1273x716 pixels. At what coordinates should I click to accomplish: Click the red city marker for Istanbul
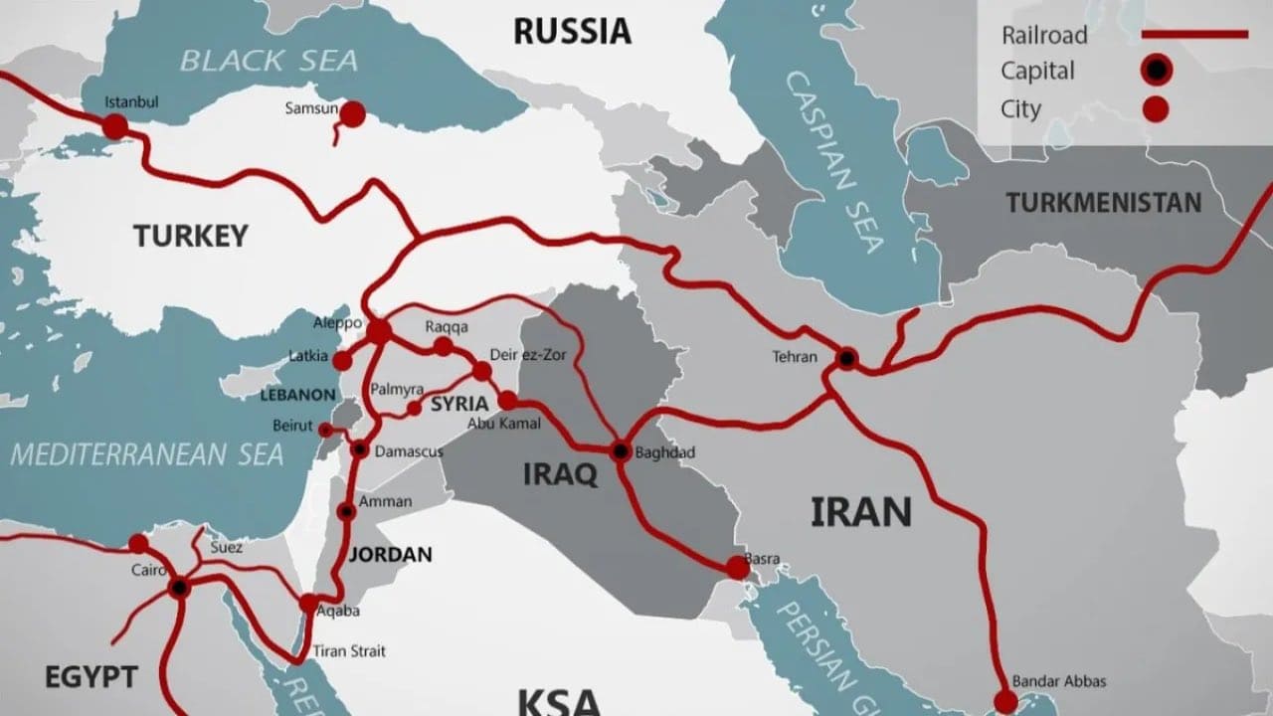115,126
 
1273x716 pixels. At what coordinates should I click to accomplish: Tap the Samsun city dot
352,115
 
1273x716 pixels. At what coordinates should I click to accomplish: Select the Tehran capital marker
846,358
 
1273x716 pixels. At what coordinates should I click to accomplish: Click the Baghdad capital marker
622,450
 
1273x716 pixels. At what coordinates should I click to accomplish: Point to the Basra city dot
737,567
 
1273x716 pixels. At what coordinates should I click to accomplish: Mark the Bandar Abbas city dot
1005,701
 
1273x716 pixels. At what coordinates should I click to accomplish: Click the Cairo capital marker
179,588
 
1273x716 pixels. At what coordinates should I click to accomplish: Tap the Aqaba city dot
309,603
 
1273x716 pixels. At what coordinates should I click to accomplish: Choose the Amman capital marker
346,511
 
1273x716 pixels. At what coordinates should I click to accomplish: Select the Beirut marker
325,430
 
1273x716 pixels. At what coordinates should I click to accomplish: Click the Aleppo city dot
379,331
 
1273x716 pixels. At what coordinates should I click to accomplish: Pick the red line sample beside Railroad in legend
1193,35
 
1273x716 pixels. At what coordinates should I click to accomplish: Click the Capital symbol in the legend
1156,71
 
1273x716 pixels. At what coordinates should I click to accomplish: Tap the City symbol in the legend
1156,108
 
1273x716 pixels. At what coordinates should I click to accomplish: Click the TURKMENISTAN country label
1103,203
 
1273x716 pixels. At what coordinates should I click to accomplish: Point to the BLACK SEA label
269,60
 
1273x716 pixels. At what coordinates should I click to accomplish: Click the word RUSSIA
572,31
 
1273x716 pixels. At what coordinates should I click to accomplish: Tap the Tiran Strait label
351,651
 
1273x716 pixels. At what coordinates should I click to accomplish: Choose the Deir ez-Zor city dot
482,371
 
